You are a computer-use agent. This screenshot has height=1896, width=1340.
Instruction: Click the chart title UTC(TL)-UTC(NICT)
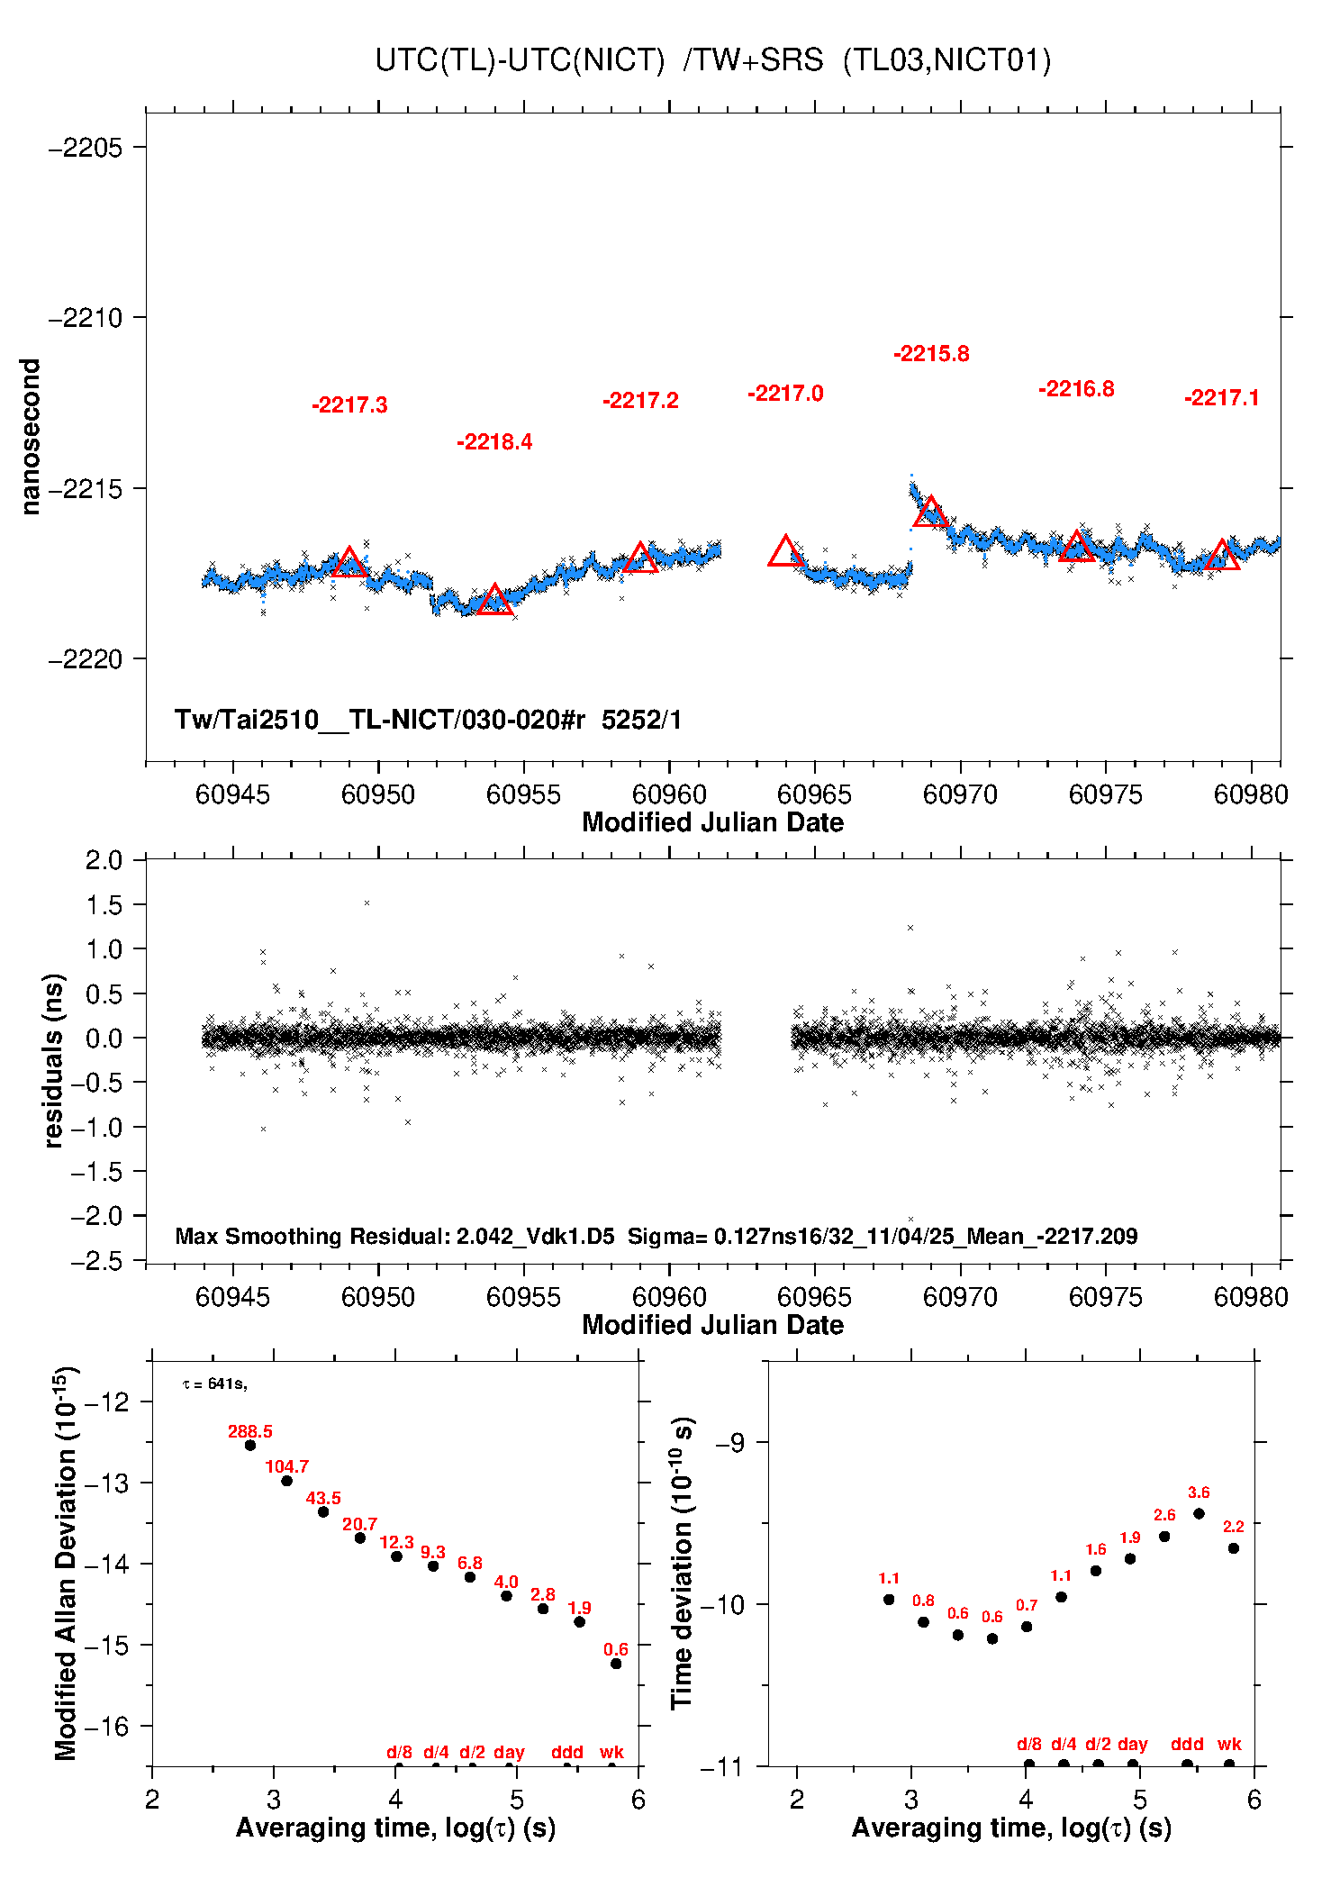[x=521, y=60]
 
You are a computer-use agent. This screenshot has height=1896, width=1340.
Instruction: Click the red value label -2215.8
[x=931, y=354]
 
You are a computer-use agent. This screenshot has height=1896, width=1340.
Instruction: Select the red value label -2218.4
[x=494, y=442]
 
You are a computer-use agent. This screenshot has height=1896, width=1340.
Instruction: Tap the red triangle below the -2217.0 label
[x=785, y=552]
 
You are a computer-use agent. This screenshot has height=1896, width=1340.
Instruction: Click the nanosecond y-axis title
[x=31, y=437]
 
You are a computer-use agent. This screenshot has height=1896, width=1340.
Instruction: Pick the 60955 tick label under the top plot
[x=523, y=794]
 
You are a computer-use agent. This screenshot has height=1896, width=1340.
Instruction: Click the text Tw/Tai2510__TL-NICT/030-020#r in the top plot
[x=380, y=720]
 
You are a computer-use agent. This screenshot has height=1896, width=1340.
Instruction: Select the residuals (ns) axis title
[x=54, y=1060]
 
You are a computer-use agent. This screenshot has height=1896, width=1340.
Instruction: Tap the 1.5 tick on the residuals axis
[x=104, y=905]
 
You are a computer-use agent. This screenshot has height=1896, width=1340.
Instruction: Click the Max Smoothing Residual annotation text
[x=394, y=1236]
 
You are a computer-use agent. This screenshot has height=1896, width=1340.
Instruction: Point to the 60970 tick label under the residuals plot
[x=960, y=1297]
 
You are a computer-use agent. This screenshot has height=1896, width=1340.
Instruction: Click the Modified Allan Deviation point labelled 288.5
[x=250, y=1446]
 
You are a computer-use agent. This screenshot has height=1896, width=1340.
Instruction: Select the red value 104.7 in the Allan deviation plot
[x=286, y=1467]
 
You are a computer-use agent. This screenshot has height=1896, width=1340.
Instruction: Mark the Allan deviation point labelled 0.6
[x=616, y=1664]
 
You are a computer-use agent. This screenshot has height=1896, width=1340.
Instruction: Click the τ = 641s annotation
[x=214, y=1384]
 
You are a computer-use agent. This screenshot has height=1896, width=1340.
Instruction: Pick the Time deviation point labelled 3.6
[x=1199, y=1514]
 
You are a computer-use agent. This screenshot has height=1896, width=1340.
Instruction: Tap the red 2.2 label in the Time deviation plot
[x=1233, y=1527]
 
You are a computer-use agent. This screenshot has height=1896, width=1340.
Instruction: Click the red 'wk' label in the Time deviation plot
[x=1229, y=1745]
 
